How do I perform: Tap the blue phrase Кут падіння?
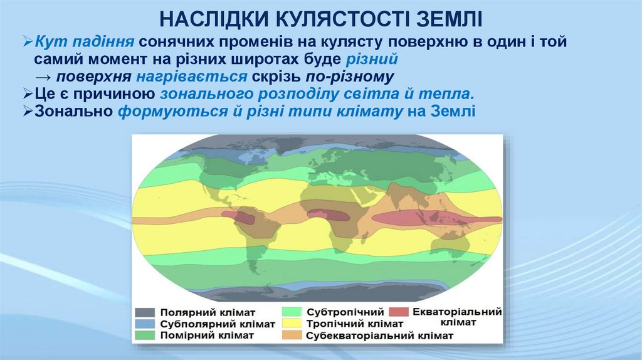click(83, 42)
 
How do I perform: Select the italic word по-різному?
click(350, 77)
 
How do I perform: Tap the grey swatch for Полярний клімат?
click(145, 312)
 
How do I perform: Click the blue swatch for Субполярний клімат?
click(145, 324)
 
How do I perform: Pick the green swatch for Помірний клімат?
click(145, 336)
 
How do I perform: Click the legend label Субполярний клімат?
click(218, 324)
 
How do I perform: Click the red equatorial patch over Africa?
click(329, 215)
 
